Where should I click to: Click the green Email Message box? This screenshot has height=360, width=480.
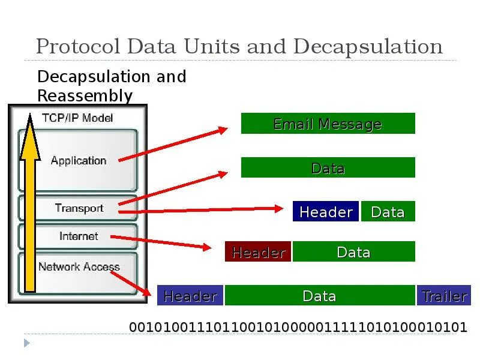328,124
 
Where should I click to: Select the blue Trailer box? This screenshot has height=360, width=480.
444,296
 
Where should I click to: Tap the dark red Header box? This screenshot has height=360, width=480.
258,252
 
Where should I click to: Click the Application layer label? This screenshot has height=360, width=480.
79,160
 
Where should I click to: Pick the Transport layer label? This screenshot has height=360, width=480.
79,208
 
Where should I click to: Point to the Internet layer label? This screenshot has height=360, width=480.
79,236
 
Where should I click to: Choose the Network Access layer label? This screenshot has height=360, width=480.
79,266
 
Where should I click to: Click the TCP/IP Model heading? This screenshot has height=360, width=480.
77,118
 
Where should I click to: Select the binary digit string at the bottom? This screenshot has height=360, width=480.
298,327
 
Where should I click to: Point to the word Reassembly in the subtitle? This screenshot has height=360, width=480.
85,95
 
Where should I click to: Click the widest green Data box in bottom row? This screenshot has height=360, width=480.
319,296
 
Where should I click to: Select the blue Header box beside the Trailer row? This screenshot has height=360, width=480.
190,296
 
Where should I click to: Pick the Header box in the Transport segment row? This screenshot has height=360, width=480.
326,212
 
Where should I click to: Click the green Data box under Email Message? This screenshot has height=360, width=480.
328,168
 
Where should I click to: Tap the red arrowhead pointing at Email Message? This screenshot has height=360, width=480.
223,129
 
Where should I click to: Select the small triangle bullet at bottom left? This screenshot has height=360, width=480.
26,343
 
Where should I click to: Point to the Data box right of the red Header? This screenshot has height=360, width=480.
353,252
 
